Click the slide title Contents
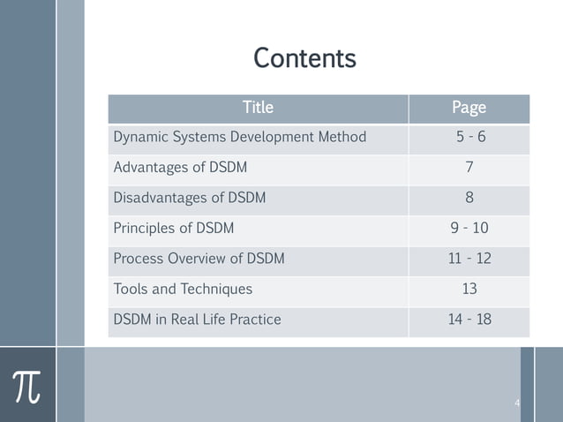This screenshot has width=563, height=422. (x=304, y=58)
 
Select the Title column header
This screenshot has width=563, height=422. (x=258, y=108)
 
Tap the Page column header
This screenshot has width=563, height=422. (x=469, y=108)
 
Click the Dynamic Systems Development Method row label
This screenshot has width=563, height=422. (x=239, y=138)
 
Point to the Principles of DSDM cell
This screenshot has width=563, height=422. (x=174, y=228)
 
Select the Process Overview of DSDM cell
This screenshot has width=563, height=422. (x=199, y=259)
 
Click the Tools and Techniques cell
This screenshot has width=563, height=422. (x=183, y=289)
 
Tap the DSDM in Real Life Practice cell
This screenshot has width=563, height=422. (x=197, y=319)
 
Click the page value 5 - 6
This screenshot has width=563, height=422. (x=469, y=138)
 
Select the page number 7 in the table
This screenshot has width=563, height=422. (x=469, y=168)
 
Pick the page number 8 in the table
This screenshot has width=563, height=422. (x=469, y=198)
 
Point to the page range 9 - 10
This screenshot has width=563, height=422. (x=469, y=228)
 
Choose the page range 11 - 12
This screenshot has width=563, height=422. (x=469, y=259)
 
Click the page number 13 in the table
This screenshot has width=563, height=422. (x=469, y=289)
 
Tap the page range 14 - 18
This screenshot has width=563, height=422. (x=469, y=319)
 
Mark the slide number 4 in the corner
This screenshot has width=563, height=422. (x=517, y=403)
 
